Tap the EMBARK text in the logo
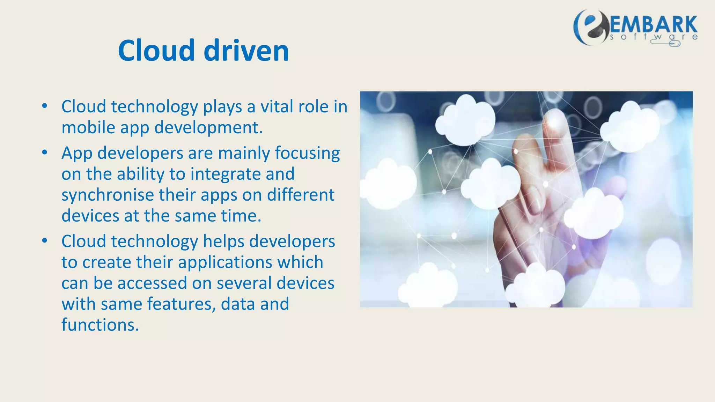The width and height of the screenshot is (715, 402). [x=654, y=25]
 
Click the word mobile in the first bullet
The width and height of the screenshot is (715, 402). [x=88, y=127]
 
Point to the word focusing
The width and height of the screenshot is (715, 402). [x=307, y=153]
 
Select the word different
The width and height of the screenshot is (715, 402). [x=301, y=195]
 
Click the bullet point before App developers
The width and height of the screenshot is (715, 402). [x=44, y=152]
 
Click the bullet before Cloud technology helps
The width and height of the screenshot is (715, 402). [x=44, y=241]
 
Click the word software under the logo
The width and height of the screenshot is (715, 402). [x=654, y=37]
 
